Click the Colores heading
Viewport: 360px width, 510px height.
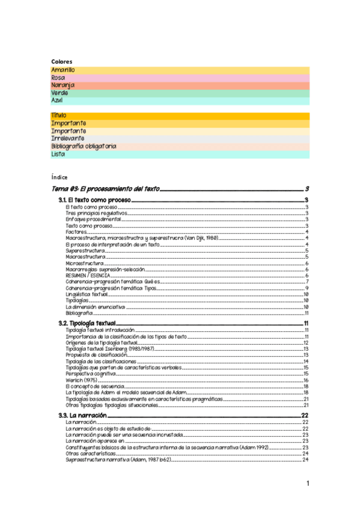[x=61, y=62]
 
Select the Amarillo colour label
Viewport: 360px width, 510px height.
[x=63, y=70]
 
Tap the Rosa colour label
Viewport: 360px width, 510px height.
[x=58, y=78]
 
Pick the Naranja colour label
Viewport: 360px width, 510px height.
[x=63, y=85]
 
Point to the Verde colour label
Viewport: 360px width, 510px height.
[x=59, y=93]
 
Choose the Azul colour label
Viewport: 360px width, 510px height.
[x=57, y=100]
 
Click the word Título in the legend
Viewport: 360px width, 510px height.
[x=59, y=115]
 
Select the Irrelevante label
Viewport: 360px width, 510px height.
[x=68, y=138]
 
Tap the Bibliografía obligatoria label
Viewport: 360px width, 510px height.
[x=84, y=146]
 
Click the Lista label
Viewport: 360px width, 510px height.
[x=58, y=154]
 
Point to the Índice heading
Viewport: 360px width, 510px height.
[x=59, y=177]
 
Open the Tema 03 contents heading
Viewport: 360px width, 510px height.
[x=105, y=189]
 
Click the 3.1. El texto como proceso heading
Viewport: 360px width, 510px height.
[x=94, y=200]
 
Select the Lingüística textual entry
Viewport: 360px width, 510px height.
[x=87, y=294]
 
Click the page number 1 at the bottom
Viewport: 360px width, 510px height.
[x=307, y=484]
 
